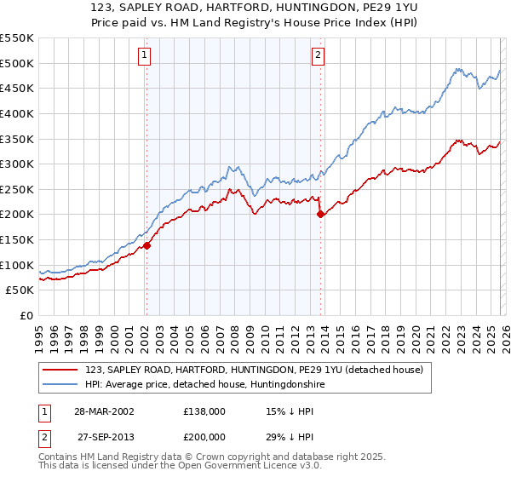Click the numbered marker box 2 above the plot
tap(318, 56)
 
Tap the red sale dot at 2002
tap(146, 245)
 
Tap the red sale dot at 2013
tap(320, 215)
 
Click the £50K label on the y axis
tap(20, 290)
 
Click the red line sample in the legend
tap(60, 370)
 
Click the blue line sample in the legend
tap(60, 385)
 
